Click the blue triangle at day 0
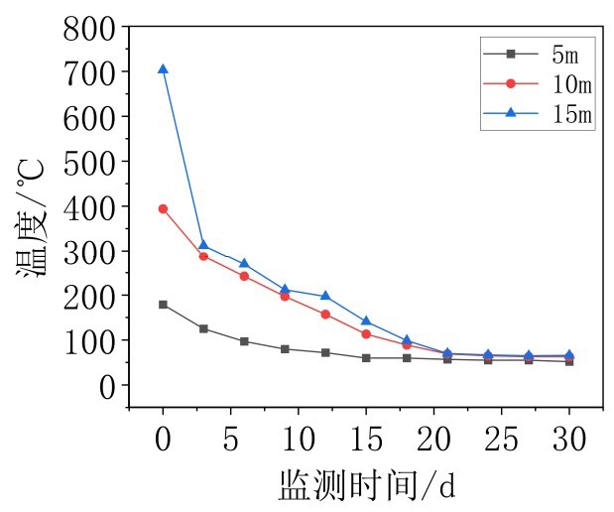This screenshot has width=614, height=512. click(163, 69)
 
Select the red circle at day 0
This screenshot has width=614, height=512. click(163, 208)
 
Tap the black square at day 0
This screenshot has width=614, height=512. click(163, 305)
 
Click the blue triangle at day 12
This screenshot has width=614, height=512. click(325, 296)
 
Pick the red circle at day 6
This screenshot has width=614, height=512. click(244, 276)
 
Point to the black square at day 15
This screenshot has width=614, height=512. click(366, 358)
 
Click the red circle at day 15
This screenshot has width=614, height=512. click(366, 334)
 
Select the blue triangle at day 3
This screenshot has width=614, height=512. click(203, 245)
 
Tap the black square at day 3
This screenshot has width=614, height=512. click(203, 328)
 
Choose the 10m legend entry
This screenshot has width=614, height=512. click(537, 82)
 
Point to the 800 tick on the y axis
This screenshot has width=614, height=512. click(129, 28)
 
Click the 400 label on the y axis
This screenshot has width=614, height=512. click(89, 206)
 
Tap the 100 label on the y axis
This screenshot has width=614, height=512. click(89, 340)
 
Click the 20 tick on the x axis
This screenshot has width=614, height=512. click(433, 407)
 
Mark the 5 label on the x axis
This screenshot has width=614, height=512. click(230, 439)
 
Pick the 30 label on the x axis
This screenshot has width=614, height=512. click(569, 439)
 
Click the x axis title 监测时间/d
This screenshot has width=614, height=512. click(366, 486)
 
